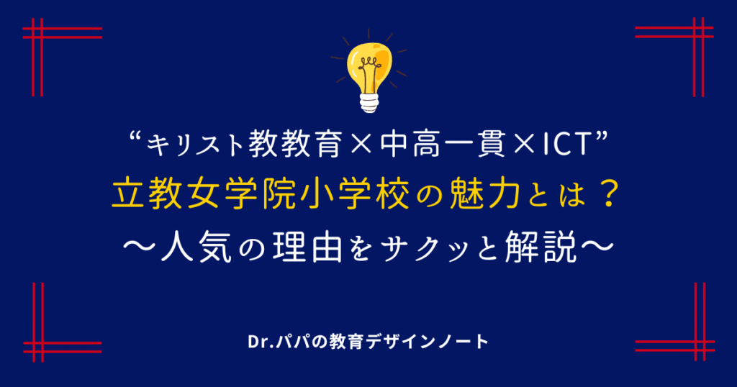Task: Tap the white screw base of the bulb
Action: coord(369,102)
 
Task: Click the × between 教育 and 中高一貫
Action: coord(361,145)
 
